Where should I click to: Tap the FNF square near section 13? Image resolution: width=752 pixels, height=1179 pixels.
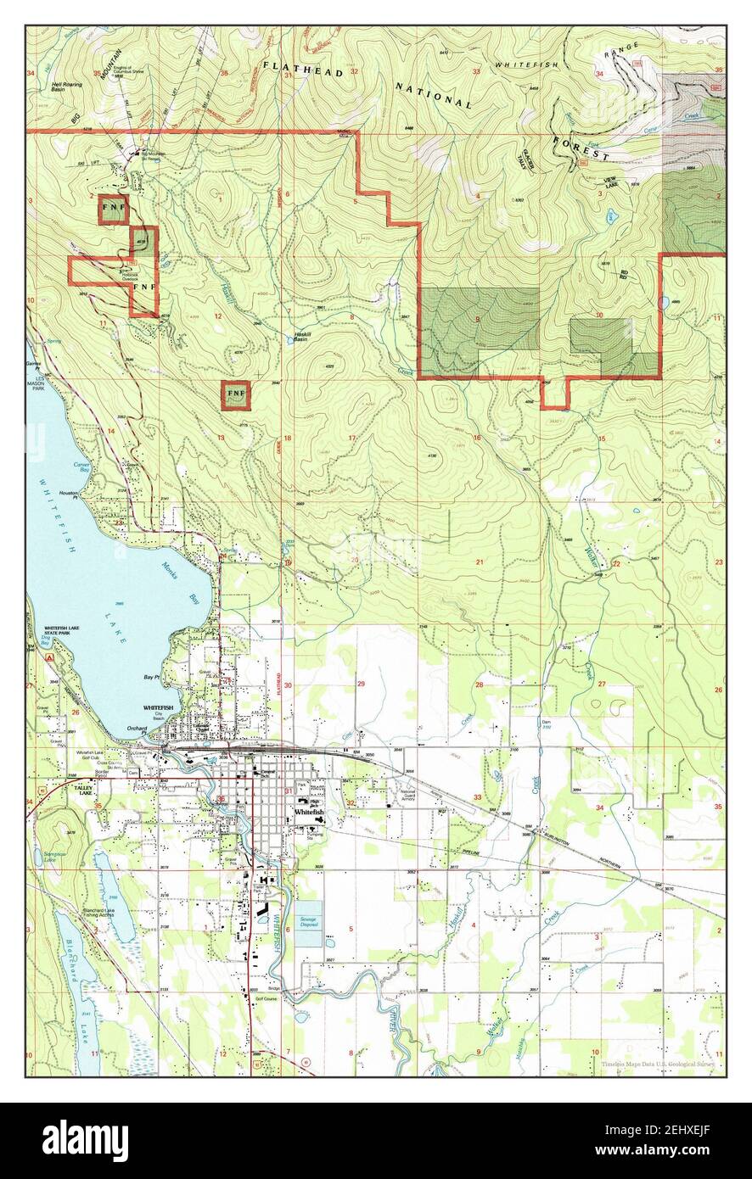(x=235, y=395)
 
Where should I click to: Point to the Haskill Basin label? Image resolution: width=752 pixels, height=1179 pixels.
(x=302, y=335)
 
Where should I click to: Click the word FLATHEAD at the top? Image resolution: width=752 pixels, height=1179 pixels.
(x=303, y=69)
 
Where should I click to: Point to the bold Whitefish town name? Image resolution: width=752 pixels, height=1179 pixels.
(x=309, y=812)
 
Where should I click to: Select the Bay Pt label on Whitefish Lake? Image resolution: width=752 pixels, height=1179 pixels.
(x=152, y=677)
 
